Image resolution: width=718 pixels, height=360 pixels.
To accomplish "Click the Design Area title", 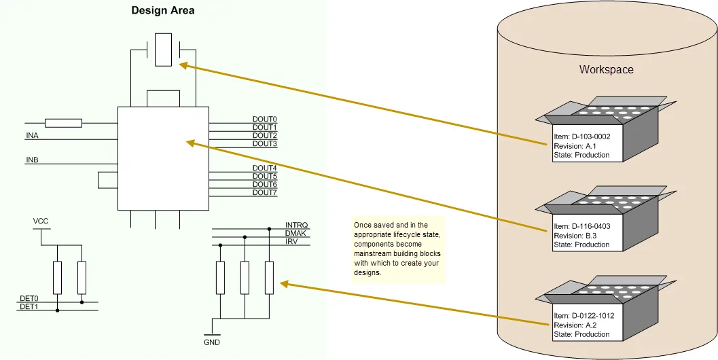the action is [x=162, y=11].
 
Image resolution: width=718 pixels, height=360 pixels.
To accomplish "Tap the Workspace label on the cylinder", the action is [x=607, y=69].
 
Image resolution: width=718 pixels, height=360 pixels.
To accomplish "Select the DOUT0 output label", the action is [x=265, y=120].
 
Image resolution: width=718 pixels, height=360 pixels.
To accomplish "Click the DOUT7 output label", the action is [x=265, y=193].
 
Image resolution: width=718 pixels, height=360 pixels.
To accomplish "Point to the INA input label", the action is [x=32, y=136].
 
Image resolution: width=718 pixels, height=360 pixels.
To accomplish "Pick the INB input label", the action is [x=32, y=160].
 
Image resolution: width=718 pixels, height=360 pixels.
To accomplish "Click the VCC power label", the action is [x=41, y=221].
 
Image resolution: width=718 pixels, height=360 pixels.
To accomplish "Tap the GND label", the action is [x=212, y=342].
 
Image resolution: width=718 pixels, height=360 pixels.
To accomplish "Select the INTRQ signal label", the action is [x=297, y=226].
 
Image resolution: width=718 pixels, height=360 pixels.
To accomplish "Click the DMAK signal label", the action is [x=295, y=234].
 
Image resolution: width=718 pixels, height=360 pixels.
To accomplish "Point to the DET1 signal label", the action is [x=29, y=307].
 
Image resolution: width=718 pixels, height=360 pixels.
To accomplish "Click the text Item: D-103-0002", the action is [x=582, y=137].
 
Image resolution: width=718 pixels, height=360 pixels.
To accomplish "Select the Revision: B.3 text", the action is [x=575, y=236].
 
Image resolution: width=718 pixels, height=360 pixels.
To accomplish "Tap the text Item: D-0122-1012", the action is [x=584, y=316].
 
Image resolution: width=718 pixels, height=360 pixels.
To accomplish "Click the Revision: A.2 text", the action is [x=575, y=325].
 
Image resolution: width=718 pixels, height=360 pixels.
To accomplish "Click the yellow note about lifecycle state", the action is [x=398, y=249].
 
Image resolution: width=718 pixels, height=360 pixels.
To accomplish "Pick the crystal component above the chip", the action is [x=164, y=50].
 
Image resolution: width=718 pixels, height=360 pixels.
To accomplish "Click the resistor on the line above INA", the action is [x=64, y=123].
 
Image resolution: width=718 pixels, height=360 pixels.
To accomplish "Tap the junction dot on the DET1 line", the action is [x=57, y=310].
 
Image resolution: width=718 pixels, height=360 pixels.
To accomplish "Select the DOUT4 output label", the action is [x=265, y=168].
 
